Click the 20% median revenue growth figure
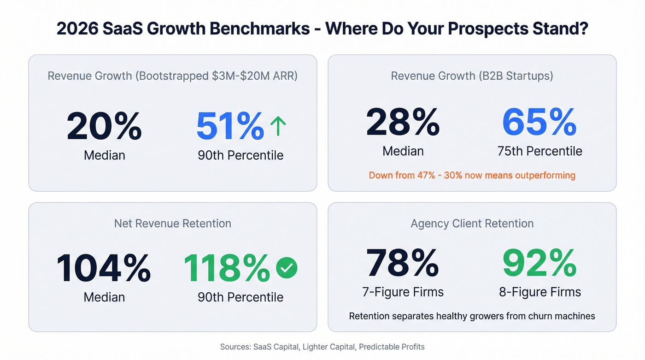[104, 126]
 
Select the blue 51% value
[230, 126]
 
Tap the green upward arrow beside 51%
[278, 126]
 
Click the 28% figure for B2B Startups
[403, 122]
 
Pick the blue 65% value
[539, 122]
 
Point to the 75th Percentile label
[539, 151]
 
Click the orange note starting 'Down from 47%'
[472, 175]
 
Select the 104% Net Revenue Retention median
[104, 268]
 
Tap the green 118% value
[227, 268]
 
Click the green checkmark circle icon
[287, 268]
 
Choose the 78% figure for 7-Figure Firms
[403, 263]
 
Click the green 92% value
[539, 263]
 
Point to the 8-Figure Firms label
[540, 292]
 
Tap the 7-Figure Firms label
[403, 292]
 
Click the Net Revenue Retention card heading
[173, 224]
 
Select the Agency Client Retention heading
[472, 224]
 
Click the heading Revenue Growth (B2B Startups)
[472, 76]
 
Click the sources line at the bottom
[322, 347]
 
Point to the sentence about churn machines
[472, 316]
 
